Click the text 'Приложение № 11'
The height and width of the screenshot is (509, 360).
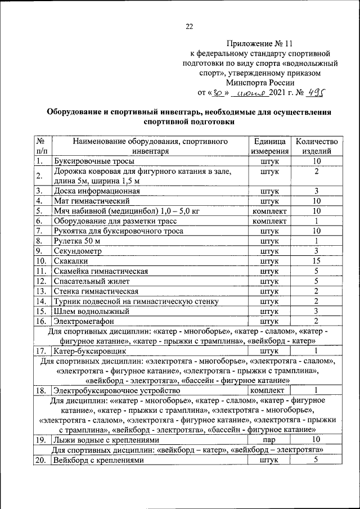(x=260, y=43)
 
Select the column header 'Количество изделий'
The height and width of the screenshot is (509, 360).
(x=317, y=146)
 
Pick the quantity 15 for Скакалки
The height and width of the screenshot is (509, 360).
(x=317, y=261)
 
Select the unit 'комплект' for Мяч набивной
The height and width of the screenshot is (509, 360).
(x=269, y=211)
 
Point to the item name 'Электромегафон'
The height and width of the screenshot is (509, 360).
(x=84, y=321)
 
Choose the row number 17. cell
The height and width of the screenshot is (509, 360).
(x=40, y=351)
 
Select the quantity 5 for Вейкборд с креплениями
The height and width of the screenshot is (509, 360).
(x=317, y=460)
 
